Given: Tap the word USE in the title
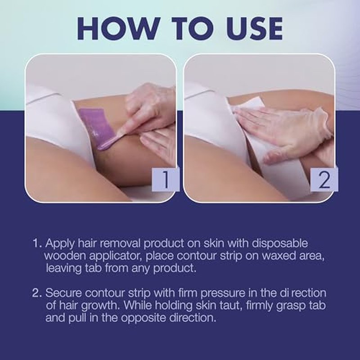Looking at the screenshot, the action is (255, 28).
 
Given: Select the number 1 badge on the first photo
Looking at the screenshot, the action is (165, 179).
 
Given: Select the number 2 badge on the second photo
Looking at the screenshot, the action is (324, 179).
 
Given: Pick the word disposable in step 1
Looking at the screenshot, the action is (280, 243).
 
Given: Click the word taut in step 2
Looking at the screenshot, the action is (230, 306).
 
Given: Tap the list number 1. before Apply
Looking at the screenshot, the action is (37, 243).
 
